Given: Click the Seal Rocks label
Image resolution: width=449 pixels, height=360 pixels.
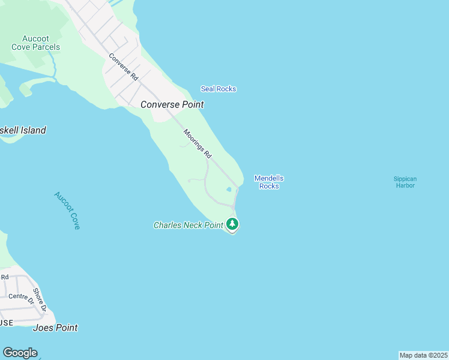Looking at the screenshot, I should [218, 89].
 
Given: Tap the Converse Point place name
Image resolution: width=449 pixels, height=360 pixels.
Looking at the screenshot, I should [172, 104].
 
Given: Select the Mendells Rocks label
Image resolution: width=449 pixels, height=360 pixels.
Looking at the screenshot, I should [269, 182].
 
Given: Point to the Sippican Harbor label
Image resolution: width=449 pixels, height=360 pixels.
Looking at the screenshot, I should [405, 182].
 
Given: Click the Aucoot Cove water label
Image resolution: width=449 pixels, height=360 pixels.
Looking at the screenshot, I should [67, 211].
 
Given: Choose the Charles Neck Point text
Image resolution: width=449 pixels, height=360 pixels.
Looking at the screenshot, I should [188, 225].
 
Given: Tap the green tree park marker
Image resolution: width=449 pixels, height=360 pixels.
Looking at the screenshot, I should [232, 224].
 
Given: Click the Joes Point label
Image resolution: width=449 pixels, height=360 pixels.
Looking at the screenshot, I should [56, 328].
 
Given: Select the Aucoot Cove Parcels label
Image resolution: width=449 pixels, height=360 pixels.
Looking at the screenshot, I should [36, 43].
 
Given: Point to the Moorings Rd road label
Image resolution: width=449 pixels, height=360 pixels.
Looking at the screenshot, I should [197, 144].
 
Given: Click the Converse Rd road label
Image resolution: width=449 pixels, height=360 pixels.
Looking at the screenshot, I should [124, 67].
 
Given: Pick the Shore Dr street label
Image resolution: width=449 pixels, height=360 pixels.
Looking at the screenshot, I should [40, 301].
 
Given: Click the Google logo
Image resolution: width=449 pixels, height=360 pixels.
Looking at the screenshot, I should [20, 353].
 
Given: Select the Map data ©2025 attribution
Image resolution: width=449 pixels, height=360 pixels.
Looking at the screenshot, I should [423, 355].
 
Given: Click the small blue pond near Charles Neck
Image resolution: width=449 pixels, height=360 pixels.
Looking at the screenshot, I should [229, 190].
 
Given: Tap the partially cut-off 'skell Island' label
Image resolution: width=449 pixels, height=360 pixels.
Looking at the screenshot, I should [23, 130].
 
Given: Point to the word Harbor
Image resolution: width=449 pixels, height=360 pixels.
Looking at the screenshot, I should [405, 185].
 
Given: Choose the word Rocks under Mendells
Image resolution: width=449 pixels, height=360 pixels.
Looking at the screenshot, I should [269, 186].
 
